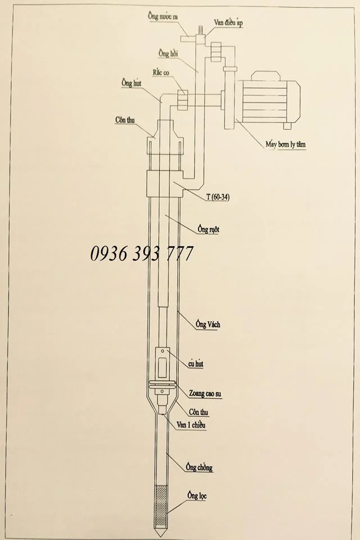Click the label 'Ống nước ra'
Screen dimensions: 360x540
point(163,16)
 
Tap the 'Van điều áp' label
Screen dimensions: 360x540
point(229,22)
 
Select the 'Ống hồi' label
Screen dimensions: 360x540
point(168,53)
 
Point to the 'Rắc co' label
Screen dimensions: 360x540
point(161,73)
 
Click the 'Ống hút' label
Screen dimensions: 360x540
point(131,83)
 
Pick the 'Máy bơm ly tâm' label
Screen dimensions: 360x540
point(286,145)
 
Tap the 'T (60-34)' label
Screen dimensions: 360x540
point(218,197)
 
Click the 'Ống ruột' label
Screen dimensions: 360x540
point(209,229)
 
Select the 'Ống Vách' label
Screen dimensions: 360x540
point(208,324)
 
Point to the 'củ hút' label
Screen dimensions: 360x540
point(196,364)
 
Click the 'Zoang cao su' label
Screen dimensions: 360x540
point(205,393)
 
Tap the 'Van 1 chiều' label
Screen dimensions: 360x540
point(191,425)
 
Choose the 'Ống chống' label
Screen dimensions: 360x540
point(199,467)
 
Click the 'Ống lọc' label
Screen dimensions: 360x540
point(197,496)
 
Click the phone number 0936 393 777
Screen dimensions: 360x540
point(142,254)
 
